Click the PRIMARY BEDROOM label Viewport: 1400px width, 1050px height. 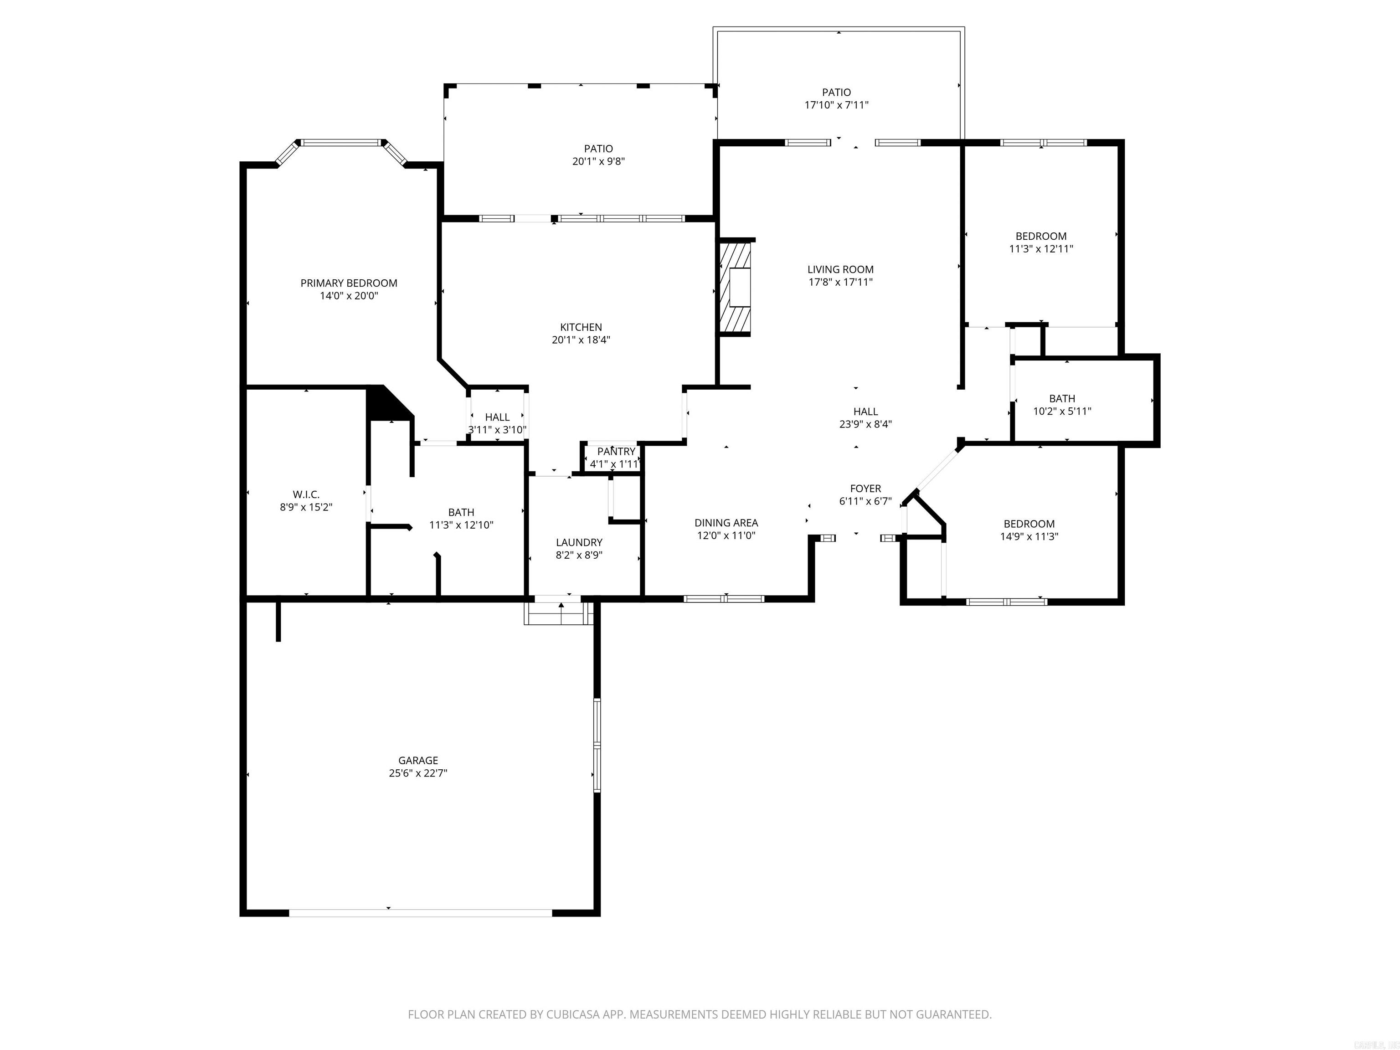click(x=349, y=283)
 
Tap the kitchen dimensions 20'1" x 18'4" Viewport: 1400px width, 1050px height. click(x=581, y=340)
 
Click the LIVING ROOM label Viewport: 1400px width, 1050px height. click(x=840, y=270)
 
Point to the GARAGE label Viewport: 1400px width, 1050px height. click(x=418, y=760)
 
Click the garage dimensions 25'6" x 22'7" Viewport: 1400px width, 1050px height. click(x=418, y=773)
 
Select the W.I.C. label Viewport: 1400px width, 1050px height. click(x=306, y=494)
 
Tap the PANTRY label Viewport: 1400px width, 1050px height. click(x=616, y=451)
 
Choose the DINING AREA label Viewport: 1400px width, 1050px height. click(x=726, y=523)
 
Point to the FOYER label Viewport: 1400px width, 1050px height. click(x=865, y=489)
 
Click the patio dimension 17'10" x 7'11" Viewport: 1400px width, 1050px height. click(x=836, y=106)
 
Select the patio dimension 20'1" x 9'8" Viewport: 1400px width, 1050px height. click(x=598, y=161)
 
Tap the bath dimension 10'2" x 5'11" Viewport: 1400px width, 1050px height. click(x=1061, y=412)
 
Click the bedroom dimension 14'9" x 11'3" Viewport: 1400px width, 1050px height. click(x=1029, y=537)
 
